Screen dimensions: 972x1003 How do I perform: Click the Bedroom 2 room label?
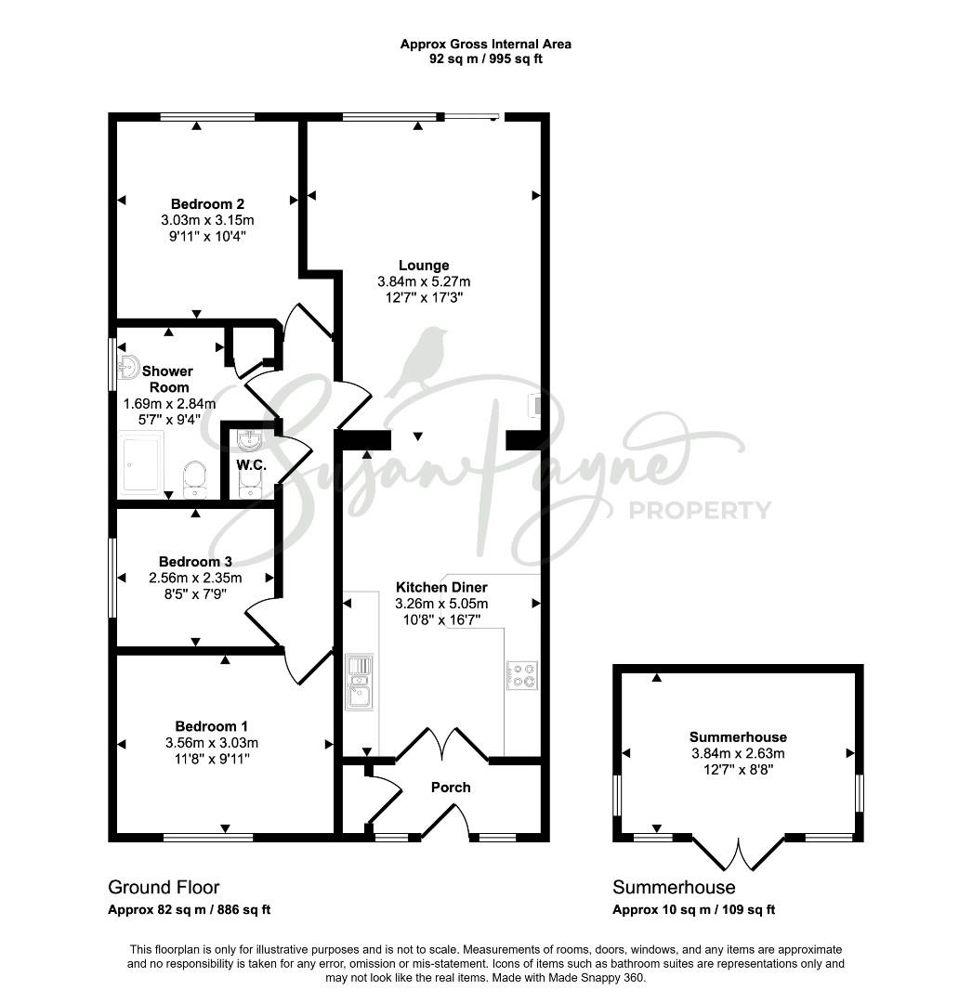[x=207, y=204]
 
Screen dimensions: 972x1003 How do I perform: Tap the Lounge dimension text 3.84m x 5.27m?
[x=424, y=281]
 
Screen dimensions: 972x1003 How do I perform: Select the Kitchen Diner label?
[x=441, y=587]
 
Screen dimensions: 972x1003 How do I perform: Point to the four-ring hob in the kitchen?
[x=522, y=675]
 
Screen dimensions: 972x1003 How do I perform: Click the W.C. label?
[x=251, y=465]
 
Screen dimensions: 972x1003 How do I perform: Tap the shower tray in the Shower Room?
[x=140, y=464]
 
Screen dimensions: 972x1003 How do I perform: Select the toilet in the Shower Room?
[x=194, y=480]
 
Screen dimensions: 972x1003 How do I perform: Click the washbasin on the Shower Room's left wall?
[x=128, y=369]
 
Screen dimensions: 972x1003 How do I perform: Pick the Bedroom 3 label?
[x=195, y=562]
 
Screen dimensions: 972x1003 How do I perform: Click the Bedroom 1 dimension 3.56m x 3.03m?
[x=212, y=743]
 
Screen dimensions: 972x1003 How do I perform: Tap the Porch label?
[x=451, y=788]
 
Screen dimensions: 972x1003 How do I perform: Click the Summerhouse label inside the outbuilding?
[x=738, y=736]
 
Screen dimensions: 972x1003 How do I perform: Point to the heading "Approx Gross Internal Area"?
[x=486, y=45]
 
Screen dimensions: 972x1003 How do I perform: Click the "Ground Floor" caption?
[x=164, y=887]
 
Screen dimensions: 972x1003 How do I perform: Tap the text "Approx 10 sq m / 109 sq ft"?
[x=693, y=909]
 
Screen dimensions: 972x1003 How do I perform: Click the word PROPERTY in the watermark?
[x=701, y=511]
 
